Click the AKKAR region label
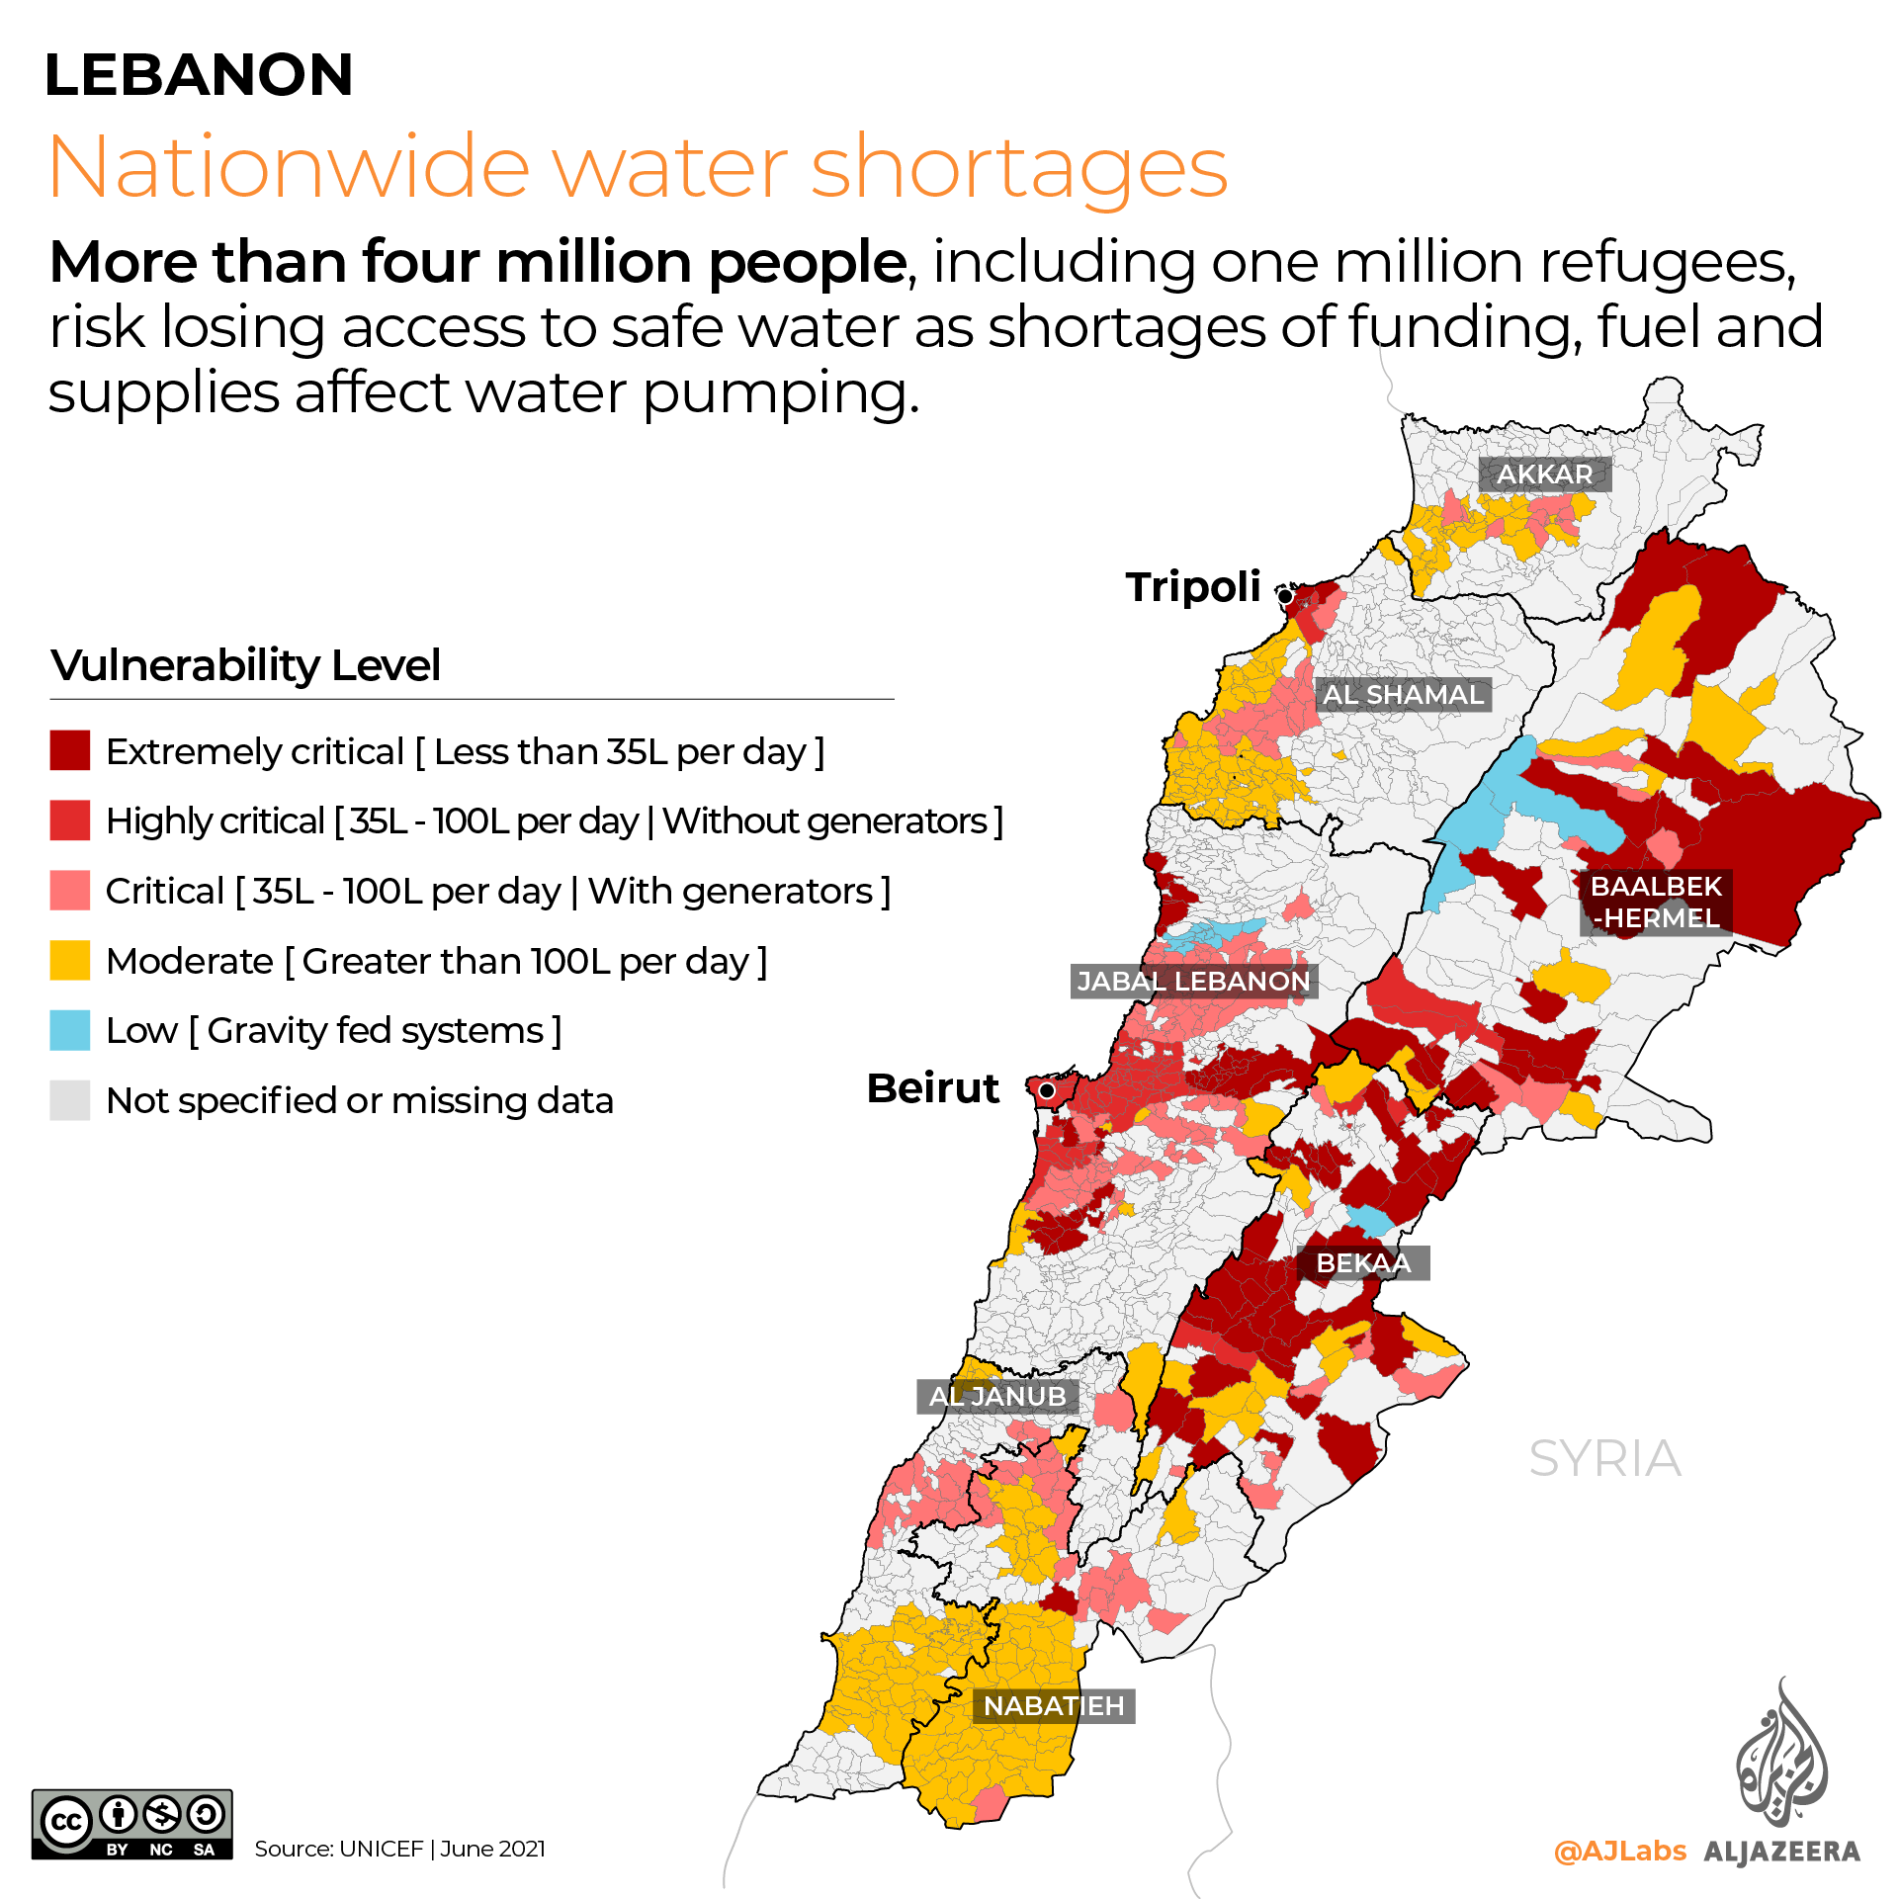(1544, 475)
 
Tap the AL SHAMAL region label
(1403, 695)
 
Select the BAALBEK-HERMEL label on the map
(1656, 903)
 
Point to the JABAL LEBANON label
(1193, 982)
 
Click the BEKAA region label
(1363, 1263)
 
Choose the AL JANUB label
(997, 1397)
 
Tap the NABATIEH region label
(1054, 1706)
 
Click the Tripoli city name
(1193, 587)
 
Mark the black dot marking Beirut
(1046, 1090)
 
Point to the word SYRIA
(1604, 1459)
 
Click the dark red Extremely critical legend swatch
(70, 750)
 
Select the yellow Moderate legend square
(70, 960)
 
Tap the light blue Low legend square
(70, 1030)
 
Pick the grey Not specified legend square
(70, 1100)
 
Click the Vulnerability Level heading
(245, 665)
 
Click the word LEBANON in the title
(199, 75)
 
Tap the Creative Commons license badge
(132, 1825)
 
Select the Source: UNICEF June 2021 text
(399, 1849)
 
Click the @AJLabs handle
(1619, 1851)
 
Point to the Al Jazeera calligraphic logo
(1781, 1755)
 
